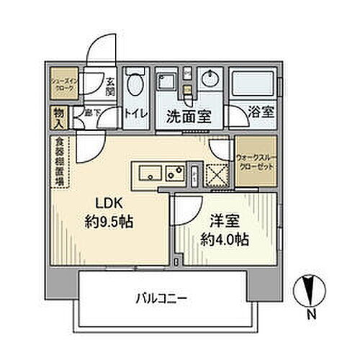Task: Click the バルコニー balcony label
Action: point(160,297)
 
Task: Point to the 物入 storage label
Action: point(57,115)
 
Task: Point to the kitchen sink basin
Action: point(150,173)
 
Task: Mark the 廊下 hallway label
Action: point(91,114)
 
